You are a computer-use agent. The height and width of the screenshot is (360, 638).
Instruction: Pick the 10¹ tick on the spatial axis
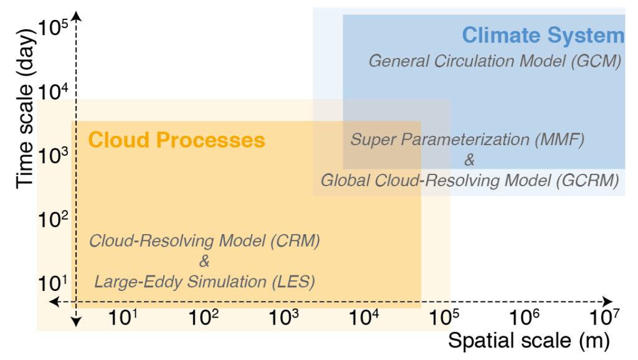[123, 317]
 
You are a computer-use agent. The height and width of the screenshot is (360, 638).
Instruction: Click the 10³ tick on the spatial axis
[284, 317]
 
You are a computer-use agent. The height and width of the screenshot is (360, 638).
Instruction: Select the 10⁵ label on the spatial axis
[444, 317]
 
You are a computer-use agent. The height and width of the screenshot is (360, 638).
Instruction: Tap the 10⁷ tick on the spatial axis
[604, 317]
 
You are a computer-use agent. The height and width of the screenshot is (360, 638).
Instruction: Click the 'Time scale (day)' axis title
[24, 108]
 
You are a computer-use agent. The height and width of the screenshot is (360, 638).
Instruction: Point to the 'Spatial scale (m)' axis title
[529, 341]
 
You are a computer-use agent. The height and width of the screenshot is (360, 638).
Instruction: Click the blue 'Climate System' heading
[543, 36]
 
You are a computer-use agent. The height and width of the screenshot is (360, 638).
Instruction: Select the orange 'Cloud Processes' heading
[176, 140]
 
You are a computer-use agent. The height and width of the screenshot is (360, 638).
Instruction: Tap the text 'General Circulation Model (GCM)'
[495, 61]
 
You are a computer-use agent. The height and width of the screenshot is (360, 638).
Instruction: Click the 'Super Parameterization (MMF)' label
[467, 140]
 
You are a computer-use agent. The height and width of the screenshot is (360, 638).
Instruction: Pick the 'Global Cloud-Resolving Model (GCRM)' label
[470, 181]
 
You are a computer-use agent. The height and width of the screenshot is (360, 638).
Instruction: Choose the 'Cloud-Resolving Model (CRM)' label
[204, 241]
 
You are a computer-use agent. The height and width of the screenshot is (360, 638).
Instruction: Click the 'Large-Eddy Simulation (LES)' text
[204, 282]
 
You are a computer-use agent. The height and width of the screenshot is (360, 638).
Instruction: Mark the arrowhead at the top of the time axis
[76, 17]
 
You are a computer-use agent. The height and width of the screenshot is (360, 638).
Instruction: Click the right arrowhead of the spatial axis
[607, 302]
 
